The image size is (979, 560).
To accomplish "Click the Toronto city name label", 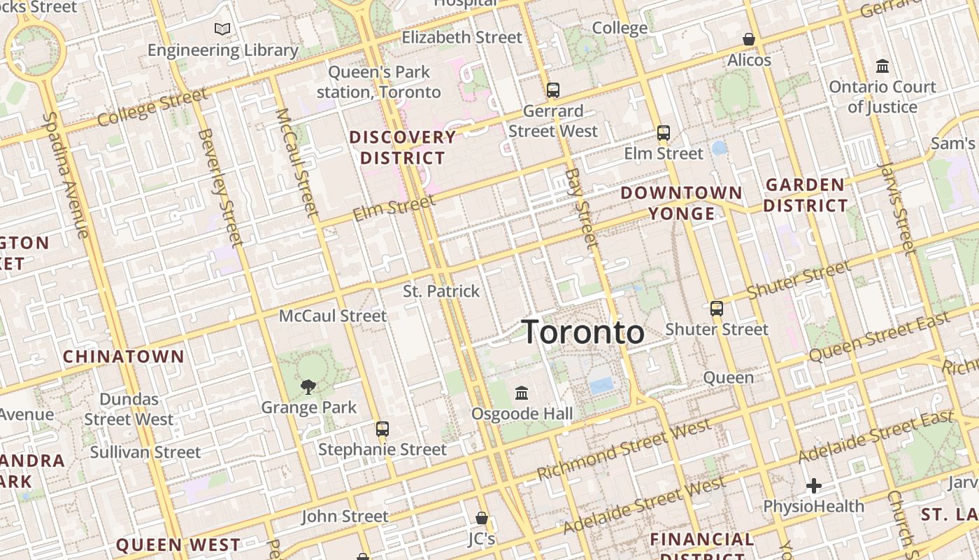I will [583, 332].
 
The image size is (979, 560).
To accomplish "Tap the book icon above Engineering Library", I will [222, 29].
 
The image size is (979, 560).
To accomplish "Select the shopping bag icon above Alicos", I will [749, 39].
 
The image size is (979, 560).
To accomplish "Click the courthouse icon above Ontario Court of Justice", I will [882, 66].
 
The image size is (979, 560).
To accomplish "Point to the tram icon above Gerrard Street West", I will [553, 90].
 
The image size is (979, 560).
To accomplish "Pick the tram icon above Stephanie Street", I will [382, 428].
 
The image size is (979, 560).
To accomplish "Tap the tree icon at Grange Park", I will [308, 386].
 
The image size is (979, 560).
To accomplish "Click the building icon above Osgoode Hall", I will [522, 393].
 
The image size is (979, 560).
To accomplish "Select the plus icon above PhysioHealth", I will [813, 486].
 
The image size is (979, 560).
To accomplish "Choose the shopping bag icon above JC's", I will [482, 518].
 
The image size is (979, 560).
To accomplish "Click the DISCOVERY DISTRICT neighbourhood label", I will [403, 147].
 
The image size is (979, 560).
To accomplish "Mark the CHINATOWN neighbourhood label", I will [124, 356].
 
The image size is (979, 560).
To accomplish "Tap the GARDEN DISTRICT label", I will [806, 195].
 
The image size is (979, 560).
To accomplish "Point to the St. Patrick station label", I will [441, 291].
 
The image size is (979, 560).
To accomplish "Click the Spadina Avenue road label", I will [69, 175].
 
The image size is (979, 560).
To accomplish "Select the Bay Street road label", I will [583, 208].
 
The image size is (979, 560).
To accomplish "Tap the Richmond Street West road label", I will [624, 449].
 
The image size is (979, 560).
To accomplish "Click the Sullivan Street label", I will [145, 452].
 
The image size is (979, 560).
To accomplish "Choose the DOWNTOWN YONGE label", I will [682, 202].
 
